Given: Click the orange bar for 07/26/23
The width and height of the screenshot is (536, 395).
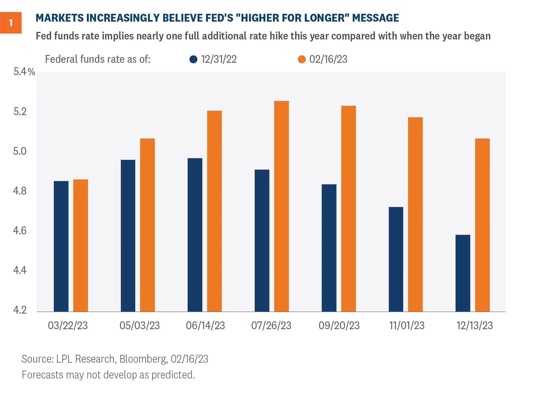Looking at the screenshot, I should click(x=281, y=206).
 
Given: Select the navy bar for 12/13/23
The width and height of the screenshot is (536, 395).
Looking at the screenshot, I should click(x=463, y=273).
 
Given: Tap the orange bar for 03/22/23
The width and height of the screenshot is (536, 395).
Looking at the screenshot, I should click(x=80, y=245).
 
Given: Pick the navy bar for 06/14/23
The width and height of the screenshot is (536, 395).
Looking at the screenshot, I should click(x=195, y=235).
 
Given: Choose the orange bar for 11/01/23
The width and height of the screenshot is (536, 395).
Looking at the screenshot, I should click(x=415, y=214).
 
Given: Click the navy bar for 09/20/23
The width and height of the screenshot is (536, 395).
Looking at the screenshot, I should click(x=329, y=248).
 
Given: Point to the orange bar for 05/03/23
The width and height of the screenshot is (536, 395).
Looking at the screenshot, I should click(x=147, y=225).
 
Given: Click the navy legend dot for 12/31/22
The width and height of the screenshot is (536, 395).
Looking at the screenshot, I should click(x=193, y=60).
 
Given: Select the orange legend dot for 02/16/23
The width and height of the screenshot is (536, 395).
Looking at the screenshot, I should click(x=301, y=60).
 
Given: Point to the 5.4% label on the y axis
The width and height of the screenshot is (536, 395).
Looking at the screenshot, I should click(x=24, y=72).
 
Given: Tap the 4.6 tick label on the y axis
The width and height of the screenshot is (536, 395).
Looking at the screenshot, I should click(x=20, y=230).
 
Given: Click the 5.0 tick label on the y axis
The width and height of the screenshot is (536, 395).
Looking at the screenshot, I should click(x=20, y=151).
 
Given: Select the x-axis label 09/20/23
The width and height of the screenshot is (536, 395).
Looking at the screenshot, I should click(x=339, y=326).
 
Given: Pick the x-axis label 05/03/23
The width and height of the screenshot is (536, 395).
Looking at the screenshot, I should click(x=140, y=326).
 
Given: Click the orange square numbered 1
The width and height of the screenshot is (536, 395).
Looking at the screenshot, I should click(x=11, y=23).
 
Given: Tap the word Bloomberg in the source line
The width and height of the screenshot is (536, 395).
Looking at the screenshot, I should click(x=143, y=359).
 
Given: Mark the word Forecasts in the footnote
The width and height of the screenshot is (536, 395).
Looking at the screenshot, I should click(x=42, y=375).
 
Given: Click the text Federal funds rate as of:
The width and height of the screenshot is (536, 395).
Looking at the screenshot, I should click(x=98, y=60).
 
